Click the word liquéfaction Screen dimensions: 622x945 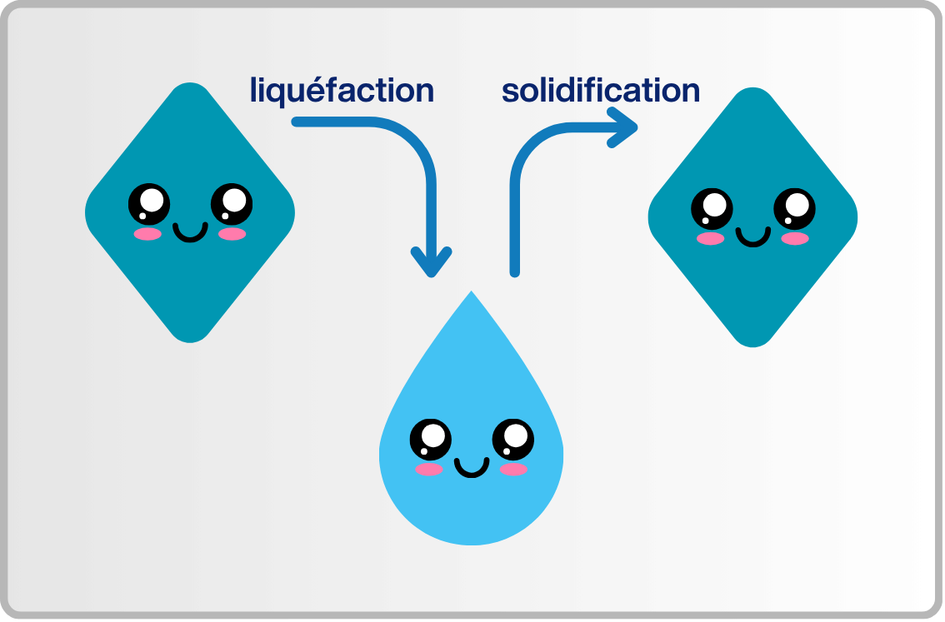click(x=342, y=91)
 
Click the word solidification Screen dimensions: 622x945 click(x=600, y=91)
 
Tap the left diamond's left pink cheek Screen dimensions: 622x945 click(x=147, y=234)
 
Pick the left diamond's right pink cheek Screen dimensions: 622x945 click(x=232, y=234)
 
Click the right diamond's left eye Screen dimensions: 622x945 click(x=712, y=208)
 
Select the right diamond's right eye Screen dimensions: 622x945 click(x=794, y=208)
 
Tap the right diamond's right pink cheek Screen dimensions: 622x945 click(x=795, y=239)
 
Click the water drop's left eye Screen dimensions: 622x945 click(x=430, y=440)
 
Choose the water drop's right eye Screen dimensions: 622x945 click(x=512, y=440)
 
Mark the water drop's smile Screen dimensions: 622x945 click(x=472, y=469)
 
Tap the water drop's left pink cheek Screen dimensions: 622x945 click(x=429, y=470)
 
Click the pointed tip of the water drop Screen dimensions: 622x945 click(x=472, y=294)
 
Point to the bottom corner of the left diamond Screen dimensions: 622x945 click(x=190, y=339)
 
